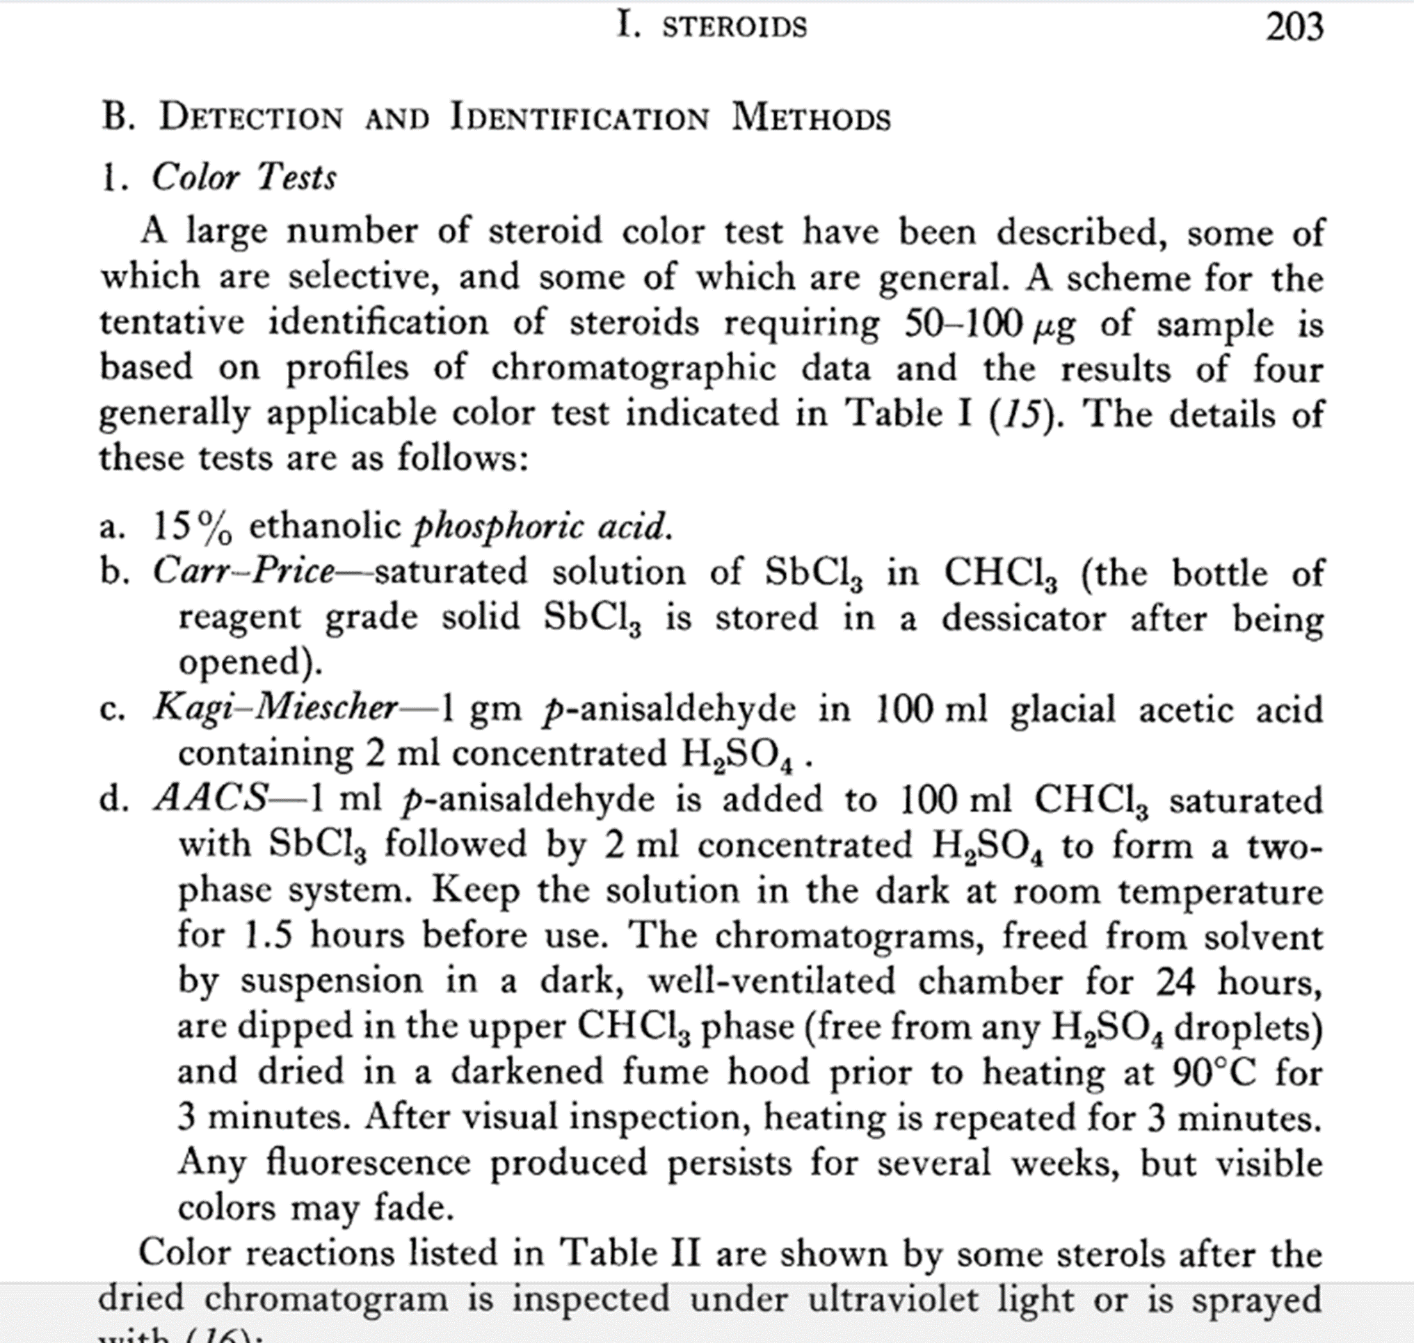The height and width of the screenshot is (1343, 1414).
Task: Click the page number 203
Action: tap(1294, 28)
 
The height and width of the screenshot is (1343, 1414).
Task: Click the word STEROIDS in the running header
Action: tap(734, 28)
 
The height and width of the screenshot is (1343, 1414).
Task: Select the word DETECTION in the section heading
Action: tap(250, 118)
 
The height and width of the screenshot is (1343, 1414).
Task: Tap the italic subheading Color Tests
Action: tap(243, 177)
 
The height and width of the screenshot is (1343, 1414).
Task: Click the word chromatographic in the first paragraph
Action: tap(634, 369)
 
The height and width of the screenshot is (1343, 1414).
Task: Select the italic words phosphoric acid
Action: tap(543, 527)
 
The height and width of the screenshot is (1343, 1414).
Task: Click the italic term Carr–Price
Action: tap(243, 572)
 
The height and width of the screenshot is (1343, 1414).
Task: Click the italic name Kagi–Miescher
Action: tap(275, 708)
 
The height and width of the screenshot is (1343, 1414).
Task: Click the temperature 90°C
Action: tap(1214, 1072)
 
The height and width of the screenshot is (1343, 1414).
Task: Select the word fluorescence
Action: tap(368, 1162)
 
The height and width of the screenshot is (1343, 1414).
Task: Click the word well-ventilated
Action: tap(772, 981)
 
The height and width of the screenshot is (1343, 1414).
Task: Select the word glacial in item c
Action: tap(1063, 709)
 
